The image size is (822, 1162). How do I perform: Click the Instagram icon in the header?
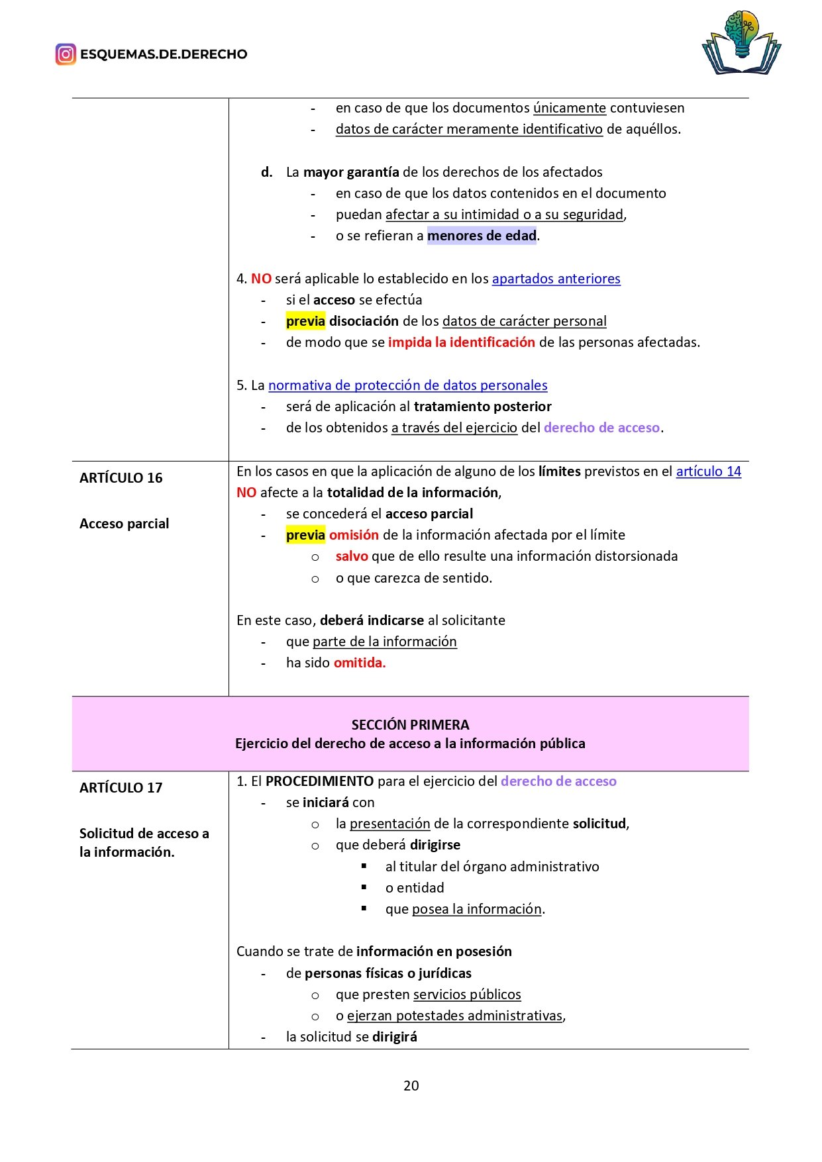(66, 54)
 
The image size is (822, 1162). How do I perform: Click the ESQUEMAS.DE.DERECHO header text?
(164, 54)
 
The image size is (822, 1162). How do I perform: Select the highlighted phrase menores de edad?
(482, 236)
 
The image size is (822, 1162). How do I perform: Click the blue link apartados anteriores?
(556, 279)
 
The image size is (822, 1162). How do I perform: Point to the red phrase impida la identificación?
(461, 342)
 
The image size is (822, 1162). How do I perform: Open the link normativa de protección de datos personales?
(407, 385)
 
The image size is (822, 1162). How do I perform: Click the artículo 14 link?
(708, 471)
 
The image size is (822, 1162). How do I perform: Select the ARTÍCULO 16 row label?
(121, 478)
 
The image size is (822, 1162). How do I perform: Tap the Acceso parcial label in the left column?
(124, 524)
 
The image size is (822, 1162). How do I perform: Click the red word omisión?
(354, 535)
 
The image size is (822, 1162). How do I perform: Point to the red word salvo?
(352, 556)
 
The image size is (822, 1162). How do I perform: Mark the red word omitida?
(360, 663)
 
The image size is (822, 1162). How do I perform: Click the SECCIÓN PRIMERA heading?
(410, 724)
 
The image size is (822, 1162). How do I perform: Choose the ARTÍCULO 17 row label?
(121, 788)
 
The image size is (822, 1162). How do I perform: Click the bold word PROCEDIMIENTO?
(319, 781)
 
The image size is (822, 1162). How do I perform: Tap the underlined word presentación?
(389, 824)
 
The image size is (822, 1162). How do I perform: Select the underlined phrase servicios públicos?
(466, 994)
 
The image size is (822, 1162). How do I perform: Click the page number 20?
(411, 1085)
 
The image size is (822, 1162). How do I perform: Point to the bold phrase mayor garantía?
(350, 172)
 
